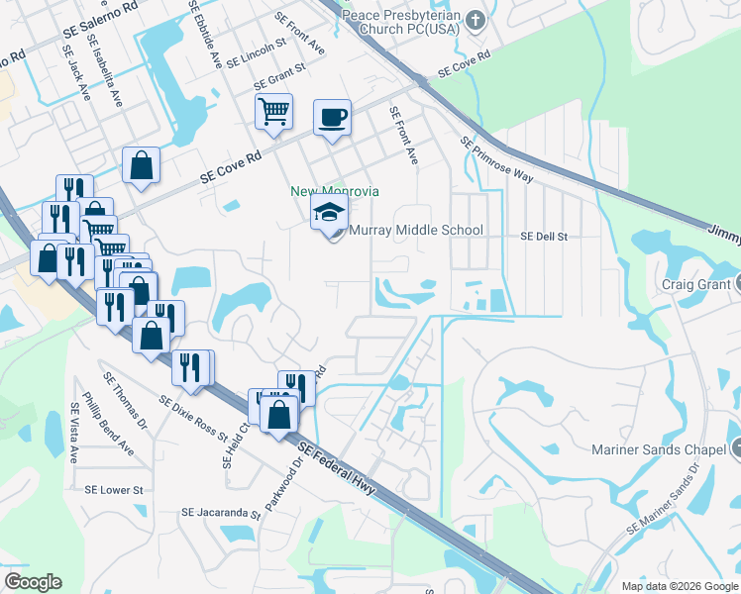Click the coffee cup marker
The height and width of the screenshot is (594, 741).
coord(333,117)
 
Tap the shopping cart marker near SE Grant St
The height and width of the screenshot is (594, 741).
coord(273,111)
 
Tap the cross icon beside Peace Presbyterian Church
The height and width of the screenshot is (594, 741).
coord(476,19)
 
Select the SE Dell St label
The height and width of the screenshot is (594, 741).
coord(544,238)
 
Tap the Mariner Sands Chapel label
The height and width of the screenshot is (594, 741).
coord(662,450)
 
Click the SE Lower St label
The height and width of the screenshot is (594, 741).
coord(114,490)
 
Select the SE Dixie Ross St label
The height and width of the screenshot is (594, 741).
coord(203,417)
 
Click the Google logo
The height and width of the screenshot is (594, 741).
coord(33,582)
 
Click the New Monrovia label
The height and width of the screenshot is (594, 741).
coord(335,191)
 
